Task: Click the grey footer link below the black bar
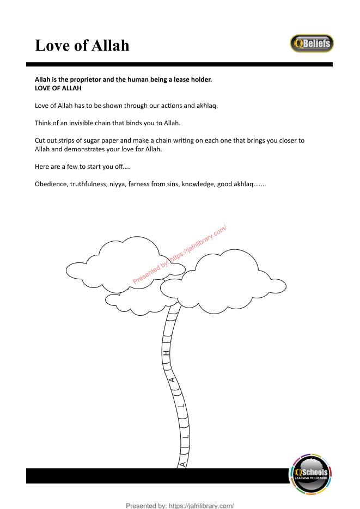pyautogui.click(x=180, y=506)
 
